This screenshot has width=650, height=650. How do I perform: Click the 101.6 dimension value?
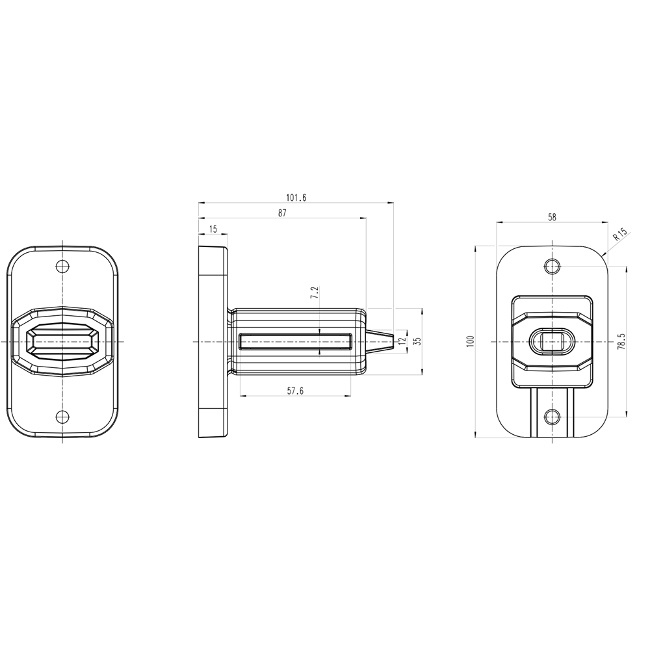tap(296, 198)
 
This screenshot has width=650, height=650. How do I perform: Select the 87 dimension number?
tap(282, 213)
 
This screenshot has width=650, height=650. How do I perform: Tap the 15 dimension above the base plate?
tap(213, 229)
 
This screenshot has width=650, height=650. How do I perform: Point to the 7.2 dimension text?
tap(315, 292)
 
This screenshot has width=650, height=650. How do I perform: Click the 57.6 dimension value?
tap(295, 391)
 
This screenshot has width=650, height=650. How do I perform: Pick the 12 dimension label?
tap(401, 341)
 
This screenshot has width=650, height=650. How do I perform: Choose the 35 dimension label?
tap(418, 341)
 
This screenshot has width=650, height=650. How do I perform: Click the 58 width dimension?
tap(552, 217)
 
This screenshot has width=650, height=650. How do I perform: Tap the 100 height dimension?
tap(470, 341)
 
